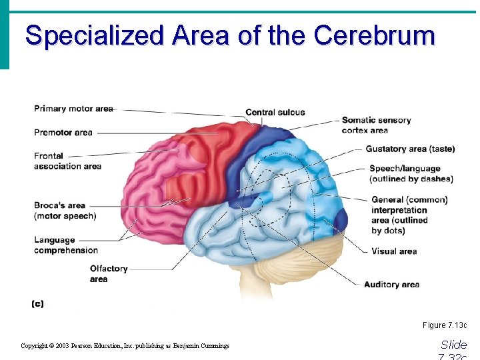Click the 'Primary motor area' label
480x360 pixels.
pyautogui.click(x=73, y=109)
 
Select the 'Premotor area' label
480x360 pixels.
pyautogui.click(x=63, y=133)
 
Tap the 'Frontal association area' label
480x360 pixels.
pyautogui.click(x=67, y=161)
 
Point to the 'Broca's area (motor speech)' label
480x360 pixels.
pyautogui.click(x=65, y=211)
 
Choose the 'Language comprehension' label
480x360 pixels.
pyautogui.click(x=66, y=245)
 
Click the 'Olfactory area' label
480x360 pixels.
pyautogui.click(x=108, y=273)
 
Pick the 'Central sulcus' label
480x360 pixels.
pyautogui.click(x=275, y=112)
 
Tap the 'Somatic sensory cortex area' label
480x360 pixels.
pyautogui.click(x=376, y=125)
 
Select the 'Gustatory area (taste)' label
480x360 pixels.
pyautogui.click(x=410, y=149)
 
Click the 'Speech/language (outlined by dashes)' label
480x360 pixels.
pyautogui.click(x=411, y=174)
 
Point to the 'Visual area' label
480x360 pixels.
pyautogui.click(x=394, y=251)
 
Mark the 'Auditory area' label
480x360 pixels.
pyautogui.click(x=391, y=285)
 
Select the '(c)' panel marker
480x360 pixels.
pyautogui.click(x=38, y=304)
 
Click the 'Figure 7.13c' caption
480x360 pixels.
pyautogui.click(x=444, y=325)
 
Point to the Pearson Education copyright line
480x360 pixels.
pyautogui.click(x=125, y=346)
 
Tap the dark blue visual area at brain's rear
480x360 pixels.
pyautogui.click(x=340, y=220)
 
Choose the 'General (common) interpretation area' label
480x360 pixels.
pyautogui.click(x=409, y=215)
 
